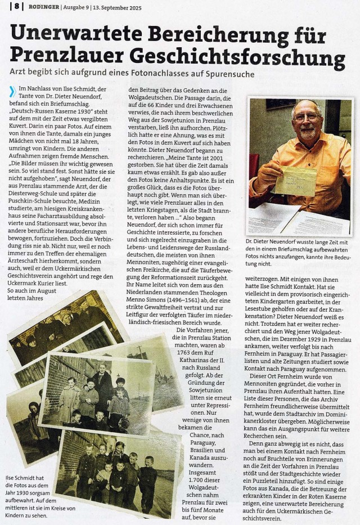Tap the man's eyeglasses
click(x=306, y=118)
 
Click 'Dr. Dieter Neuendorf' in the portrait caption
click(x=276, y=242)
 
